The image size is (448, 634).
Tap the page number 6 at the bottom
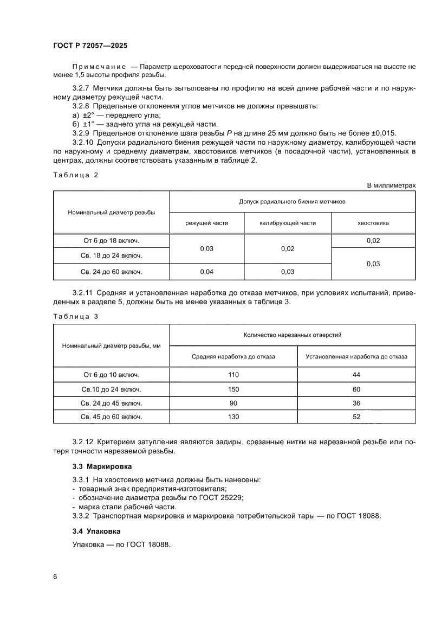[x=55, y=577]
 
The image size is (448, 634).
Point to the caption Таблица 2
[x=75, y=175]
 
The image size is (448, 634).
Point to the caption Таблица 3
[x=75, y=316]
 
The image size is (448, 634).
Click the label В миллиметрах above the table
[x=391, y=185]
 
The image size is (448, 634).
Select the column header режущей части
[x=206, y=223]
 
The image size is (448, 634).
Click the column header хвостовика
[x=373, y=223]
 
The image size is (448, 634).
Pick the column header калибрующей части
[x=287, y=223]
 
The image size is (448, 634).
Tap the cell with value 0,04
[x=206, y=272]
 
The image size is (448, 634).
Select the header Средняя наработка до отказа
[x=233, y=356]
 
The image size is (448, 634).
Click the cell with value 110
[x=233, y=375]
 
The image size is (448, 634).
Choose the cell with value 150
[x=233, y=389]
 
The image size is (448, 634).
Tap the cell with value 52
[x=356, y=417]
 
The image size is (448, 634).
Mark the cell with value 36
[x=356, y=403]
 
